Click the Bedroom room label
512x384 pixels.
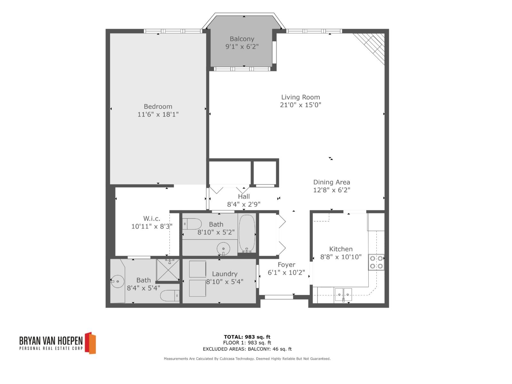pyautogui.click(x=158, y=107)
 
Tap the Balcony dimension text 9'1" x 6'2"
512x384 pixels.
pyautogui.click(x=242, y=47)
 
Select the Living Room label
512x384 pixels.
pyautogui.click(x=300, y=97)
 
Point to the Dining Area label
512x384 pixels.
pyautogui.click(x=332, y=182)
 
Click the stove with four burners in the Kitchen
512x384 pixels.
pyautogui.click(x=376, y=262)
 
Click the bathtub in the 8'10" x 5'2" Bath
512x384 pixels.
pyautogui.click(x=247, y=233)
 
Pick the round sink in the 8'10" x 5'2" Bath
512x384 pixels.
pyautogui.click(x=223, y=249)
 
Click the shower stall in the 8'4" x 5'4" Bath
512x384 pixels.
pyautogui.click(x=168, y=269)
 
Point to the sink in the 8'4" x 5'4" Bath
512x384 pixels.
pyautogui.click(x=117, y=281)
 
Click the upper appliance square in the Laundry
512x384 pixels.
pyautogui.click(x=197, y=269)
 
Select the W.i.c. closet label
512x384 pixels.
pyautogui.click(x=152, y=219)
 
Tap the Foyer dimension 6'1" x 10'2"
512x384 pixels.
pyautogui.click(x=286, y=273)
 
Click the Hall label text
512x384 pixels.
pyautogui.click(x=244, y=196)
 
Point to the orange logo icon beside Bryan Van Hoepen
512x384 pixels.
pyautogui.click(x=90, y=343)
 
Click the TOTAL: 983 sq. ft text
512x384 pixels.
pyautogui.click(x=247, y=337)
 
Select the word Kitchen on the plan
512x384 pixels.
pyautogui.click(x=341, y=249)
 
